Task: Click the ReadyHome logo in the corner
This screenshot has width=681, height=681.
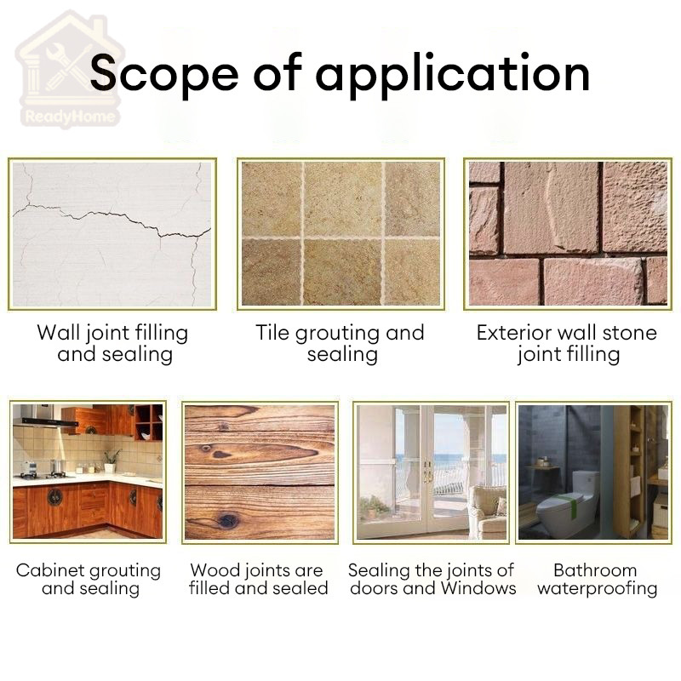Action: tap(69, 70)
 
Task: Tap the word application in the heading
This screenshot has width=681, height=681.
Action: tap(453, 75)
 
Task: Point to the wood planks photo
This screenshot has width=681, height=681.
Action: tap(260, 472)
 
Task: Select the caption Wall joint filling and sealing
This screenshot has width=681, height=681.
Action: tap(113, 343)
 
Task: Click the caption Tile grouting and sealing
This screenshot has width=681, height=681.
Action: tap(340, 343)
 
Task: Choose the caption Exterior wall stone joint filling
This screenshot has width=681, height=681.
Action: tap(567, 343)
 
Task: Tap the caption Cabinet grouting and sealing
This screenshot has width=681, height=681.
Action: tap(89, 579)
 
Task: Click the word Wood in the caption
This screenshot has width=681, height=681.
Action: tap(211, 569)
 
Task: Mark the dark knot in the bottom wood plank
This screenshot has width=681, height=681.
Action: tap(227, 519)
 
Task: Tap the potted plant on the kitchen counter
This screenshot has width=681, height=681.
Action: tap(112, 461)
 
